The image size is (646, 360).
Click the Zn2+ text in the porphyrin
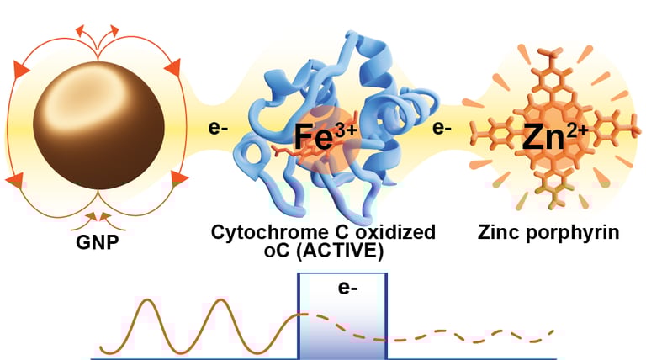[552, 135]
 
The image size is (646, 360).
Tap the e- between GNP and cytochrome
[220, 130]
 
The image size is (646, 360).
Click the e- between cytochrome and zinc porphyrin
[443, 130]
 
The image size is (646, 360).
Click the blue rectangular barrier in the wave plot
[343, 328]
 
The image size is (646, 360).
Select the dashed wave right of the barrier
[471, 338]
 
